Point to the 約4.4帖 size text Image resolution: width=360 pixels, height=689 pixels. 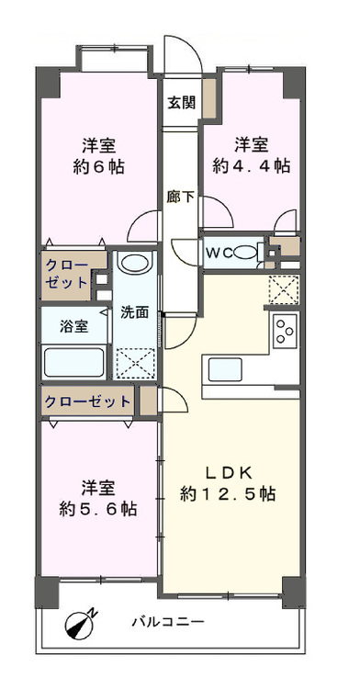[251, 166]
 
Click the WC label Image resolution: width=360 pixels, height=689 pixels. [219, 253]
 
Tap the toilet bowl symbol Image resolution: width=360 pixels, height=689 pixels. [246, 253]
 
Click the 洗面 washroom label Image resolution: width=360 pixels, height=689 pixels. [134, 311]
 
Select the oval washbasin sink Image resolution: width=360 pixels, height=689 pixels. [134, 264]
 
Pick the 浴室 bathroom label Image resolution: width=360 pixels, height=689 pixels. [74, 326]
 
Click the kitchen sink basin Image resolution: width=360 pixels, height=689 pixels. [223, 368]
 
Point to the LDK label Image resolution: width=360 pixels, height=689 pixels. [228, 472]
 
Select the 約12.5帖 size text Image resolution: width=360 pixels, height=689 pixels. [228, 493]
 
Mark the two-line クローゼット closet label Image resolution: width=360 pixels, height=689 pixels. [68, 275]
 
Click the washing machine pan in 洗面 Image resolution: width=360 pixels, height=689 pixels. [134, 358]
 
